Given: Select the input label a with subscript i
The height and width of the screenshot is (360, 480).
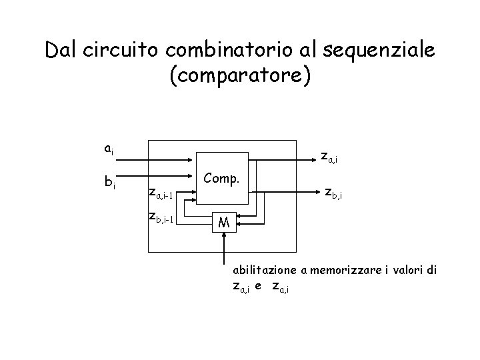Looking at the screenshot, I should click(x=109, y=149).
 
